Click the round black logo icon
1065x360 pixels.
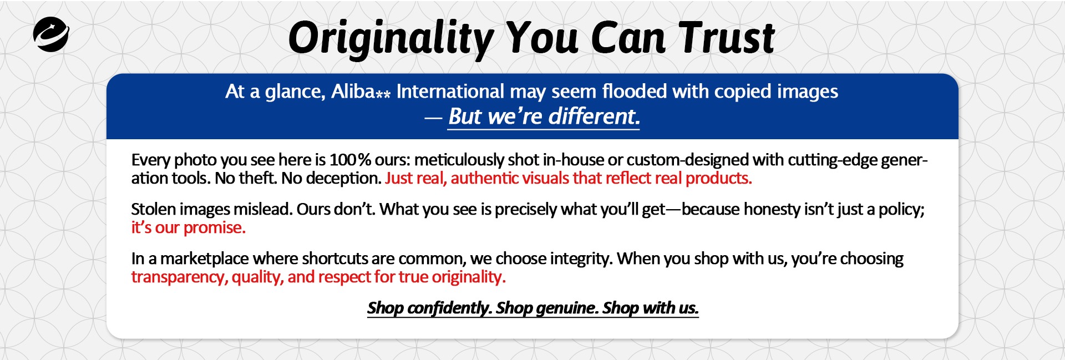(x=51, y=34)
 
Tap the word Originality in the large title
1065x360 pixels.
(x=391, y=39)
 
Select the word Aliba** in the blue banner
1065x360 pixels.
(x=361, y=91)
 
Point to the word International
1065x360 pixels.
(x=450, y=91)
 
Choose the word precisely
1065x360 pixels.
(x=525, y=210)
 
